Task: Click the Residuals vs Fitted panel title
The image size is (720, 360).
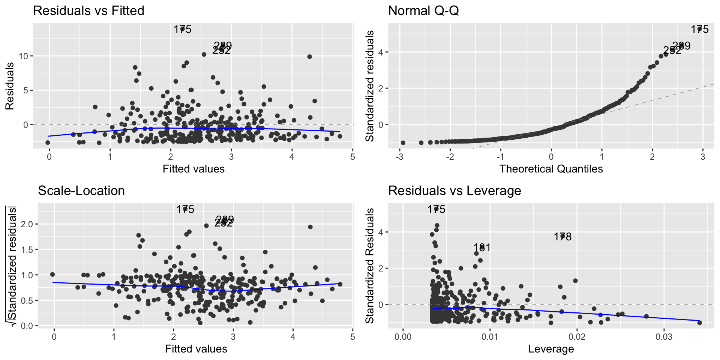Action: (x=88, y=10)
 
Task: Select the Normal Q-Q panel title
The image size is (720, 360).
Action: (x=423, y=10)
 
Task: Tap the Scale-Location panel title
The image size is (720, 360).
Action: (x=81, y=190)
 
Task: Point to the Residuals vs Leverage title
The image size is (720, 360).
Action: (x=454, y=190)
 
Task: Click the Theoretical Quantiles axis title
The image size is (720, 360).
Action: (x=551, y=169)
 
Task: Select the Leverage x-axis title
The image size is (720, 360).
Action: (x=551, y=349)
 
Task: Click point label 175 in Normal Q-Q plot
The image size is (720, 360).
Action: (x=700, y=29)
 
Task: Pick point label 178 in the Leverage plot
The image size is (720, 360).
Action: (x=562, y=237)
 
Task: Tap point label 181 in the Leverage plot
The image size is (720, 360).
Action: (x=482, y=247)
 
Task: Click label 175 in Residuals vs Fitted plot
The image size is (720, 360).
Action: (x=183, y=29)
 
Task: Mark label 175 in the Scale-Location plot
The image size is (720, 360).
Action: (x=185, y=209)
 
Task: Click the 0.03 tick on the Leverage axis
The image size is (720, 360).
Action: (x=664, y=336)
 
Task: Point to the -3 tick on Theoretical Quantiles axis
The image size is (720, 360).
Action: (x=399, y=156)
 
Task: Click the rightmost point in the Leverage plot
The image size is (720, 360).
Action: (x=699, y=322)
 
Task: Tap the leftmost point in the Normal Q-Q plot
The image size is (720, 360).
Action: (x=403, y=143)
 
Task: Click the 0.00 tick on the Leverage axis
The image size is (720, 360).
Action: (x=403, y=336)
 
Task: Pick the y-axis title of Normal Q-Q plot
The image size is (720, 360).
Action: (x=370, y=86)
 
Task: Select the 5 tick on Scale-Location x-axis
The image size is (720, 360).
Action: (x=352, y=336)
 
